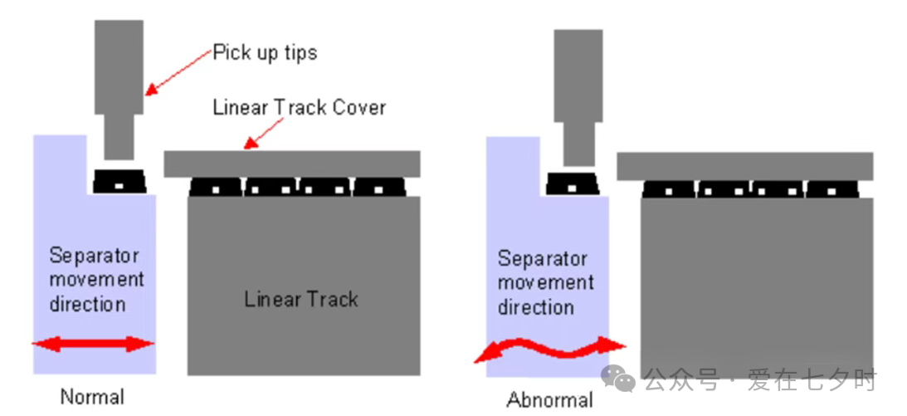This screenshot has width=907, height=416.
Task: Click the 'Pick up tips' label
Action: (x=265, y=53)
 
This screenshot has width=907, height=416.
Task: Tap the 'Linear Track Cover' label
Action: (x=300, y=107)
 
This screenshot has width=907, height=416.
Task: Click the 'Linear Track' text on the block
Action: (x=300, y=299)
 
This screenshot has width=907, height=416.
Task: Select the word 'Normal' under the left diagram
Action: (x=92, y=397)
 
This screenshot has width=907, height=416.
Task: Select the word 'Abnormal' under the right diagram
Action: (x=549, y=400)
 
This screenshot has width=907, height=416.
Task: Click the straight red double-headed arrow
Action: (x=93, y=344)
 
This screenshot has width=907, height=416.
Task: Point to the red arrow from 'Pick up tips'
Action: (x=178, y=71)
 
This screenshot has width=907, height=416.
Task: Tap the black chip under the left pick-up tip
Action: (x=119, y=182)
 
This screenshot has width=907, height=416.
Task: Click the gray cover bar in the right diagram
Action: (x=744, y=166)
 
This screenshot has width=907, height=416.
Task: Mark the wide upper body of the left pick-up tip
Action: (x=119, y=66)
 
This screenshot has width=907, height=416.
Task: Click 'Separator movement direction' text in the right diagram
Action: (x=545, y=283)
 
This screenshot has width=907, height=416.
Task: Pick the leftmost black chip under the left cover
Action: (x=216, y=188)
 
